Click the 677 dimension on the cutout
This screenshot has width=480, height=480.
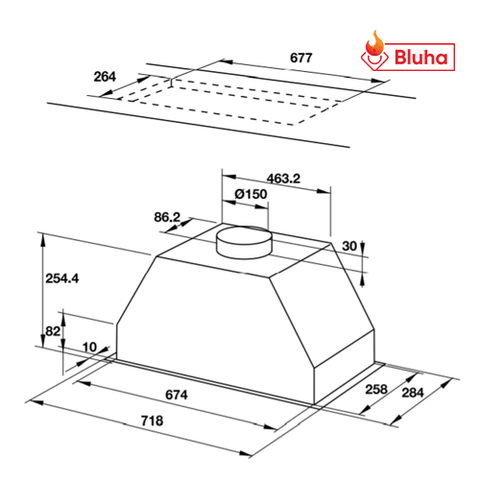click(300, 58)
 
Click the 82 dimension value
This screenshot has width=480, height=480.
click(52, 331)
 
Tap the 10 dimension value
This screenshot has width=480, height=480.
click(90, 347)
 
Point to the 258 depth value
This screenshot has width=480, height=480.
click(375, 389)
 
